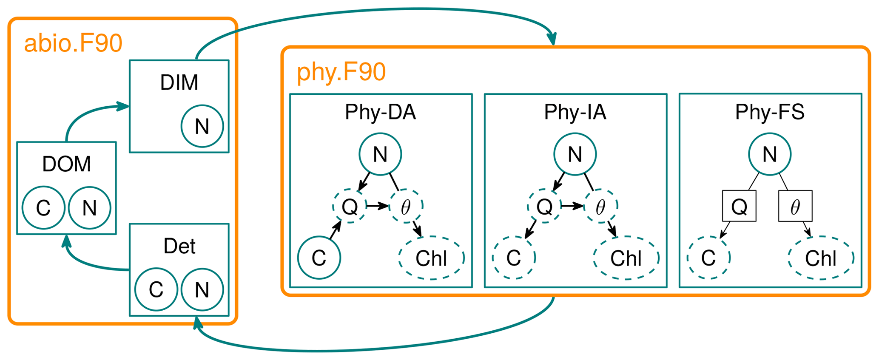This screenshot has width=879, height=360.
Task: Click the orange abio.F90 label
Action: click(73, 43)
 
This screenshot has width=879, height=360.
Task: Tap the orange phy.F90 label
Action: click(341, 72)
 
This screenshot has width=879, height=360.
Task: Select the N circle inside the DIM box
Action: click(202, 126)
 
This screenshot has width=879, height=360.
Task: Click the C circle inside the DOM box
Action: click(43, 208)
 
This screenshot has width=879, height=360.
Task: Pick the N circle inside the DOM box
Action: click(89, 208)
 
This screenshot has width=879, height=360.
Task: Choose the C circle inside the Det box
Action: click(156, 290)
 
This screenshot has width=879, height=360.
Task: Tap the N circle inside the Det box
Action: click(202, 290)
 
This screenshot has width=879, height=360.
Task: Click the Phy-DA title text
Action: click(380, 112)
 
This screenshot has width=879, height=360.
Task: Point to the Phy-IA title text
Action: click(575, 112)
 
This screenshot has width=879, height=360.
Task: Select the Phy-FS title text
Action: click(770, 112)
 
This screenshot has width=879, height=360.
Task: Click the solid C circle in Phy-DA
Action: click(319, 258)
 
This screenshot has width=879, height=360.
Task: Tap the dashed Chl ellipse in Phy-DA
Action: click(431, 258)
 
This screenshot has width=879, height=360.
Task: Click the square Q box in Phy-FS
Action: click(739, 206)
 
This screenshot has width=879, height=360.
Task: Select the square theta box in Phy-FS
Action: click(795, 206)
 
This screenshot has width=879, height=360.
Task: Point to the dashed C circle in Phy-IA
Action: click(514, 258)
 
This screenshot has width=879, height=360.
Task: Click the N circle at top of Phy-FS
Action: click(770, 154)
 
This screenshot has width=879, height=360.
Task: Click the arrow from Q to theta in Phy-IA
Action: click(572, 206)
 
